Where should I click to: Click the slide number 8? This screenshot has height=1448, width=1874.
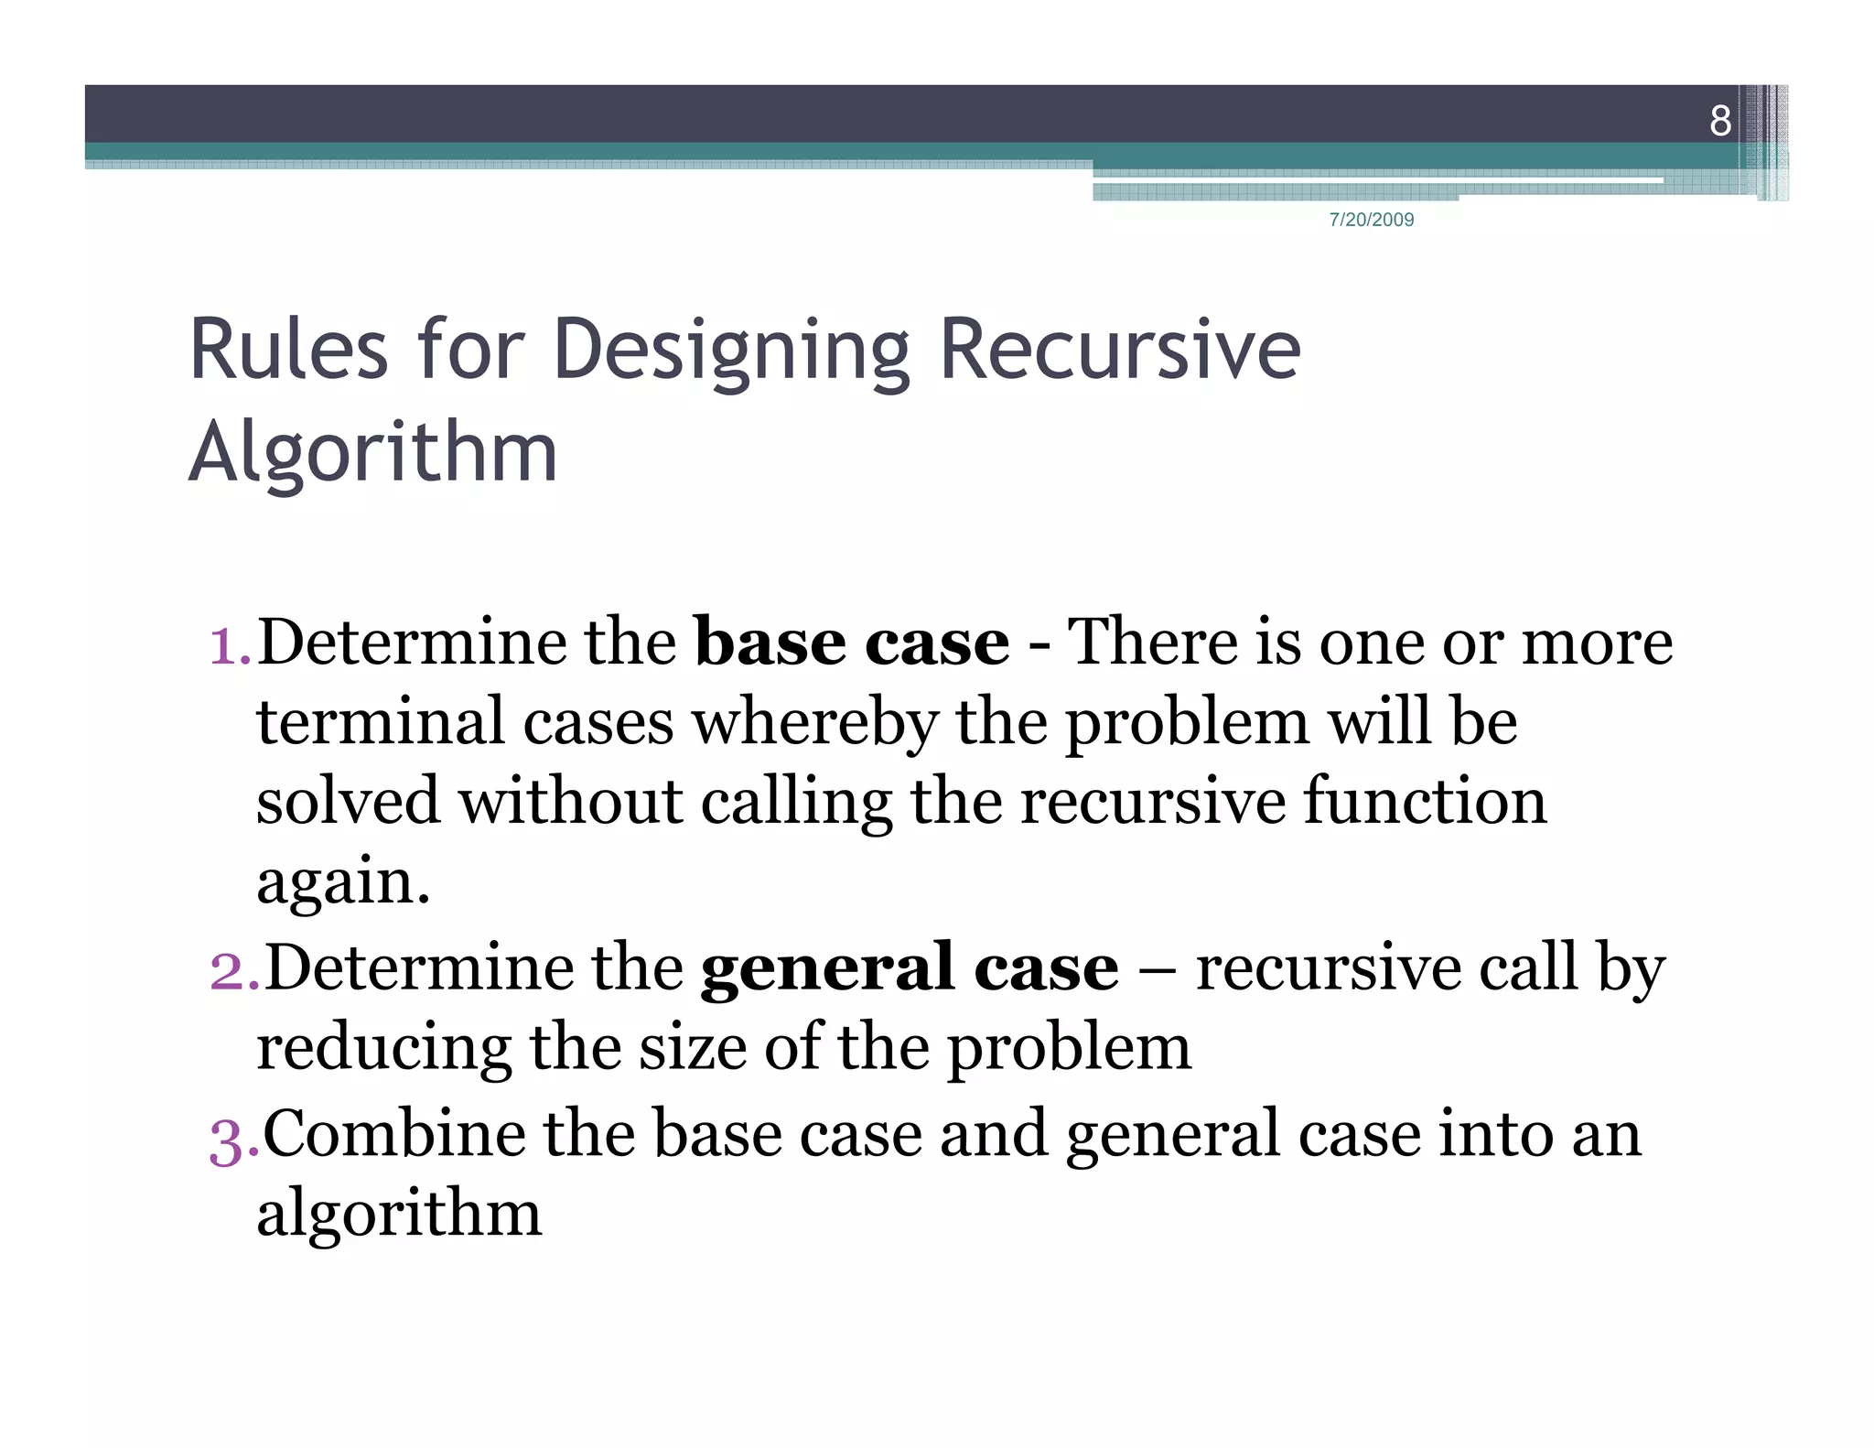click(1720, 121)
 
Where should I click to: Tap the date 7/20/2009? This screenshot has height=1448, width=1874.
click(1371, 220)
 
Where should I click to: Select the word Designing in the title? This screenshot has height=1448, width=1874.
click(731, 351)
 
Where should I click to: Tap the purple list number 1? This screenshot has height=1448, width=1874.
click(225, 643)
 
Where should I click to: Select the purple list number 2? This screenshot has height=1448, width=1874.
click(231, 970)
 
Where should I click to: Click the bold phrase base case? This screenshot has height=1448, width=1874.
click(852, 642)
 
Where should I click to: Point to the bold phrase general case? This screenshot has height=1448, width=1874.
click(910, 967)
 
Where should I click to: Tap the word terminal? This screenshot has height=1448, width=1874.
click(381, 721)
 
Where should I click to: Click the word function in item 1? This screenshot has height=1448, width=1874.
click(1425, 801)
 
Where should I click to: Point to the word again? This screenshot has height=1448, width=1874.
click(342, 881)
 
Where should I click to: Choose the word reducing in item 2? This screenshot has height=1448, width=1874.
click(383, 1049)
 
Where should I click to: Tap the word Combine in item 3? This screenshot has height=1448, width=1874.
click(394, 1133)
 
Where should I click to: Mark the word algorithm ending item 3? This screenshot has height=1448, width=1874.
click(399, 1214)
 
